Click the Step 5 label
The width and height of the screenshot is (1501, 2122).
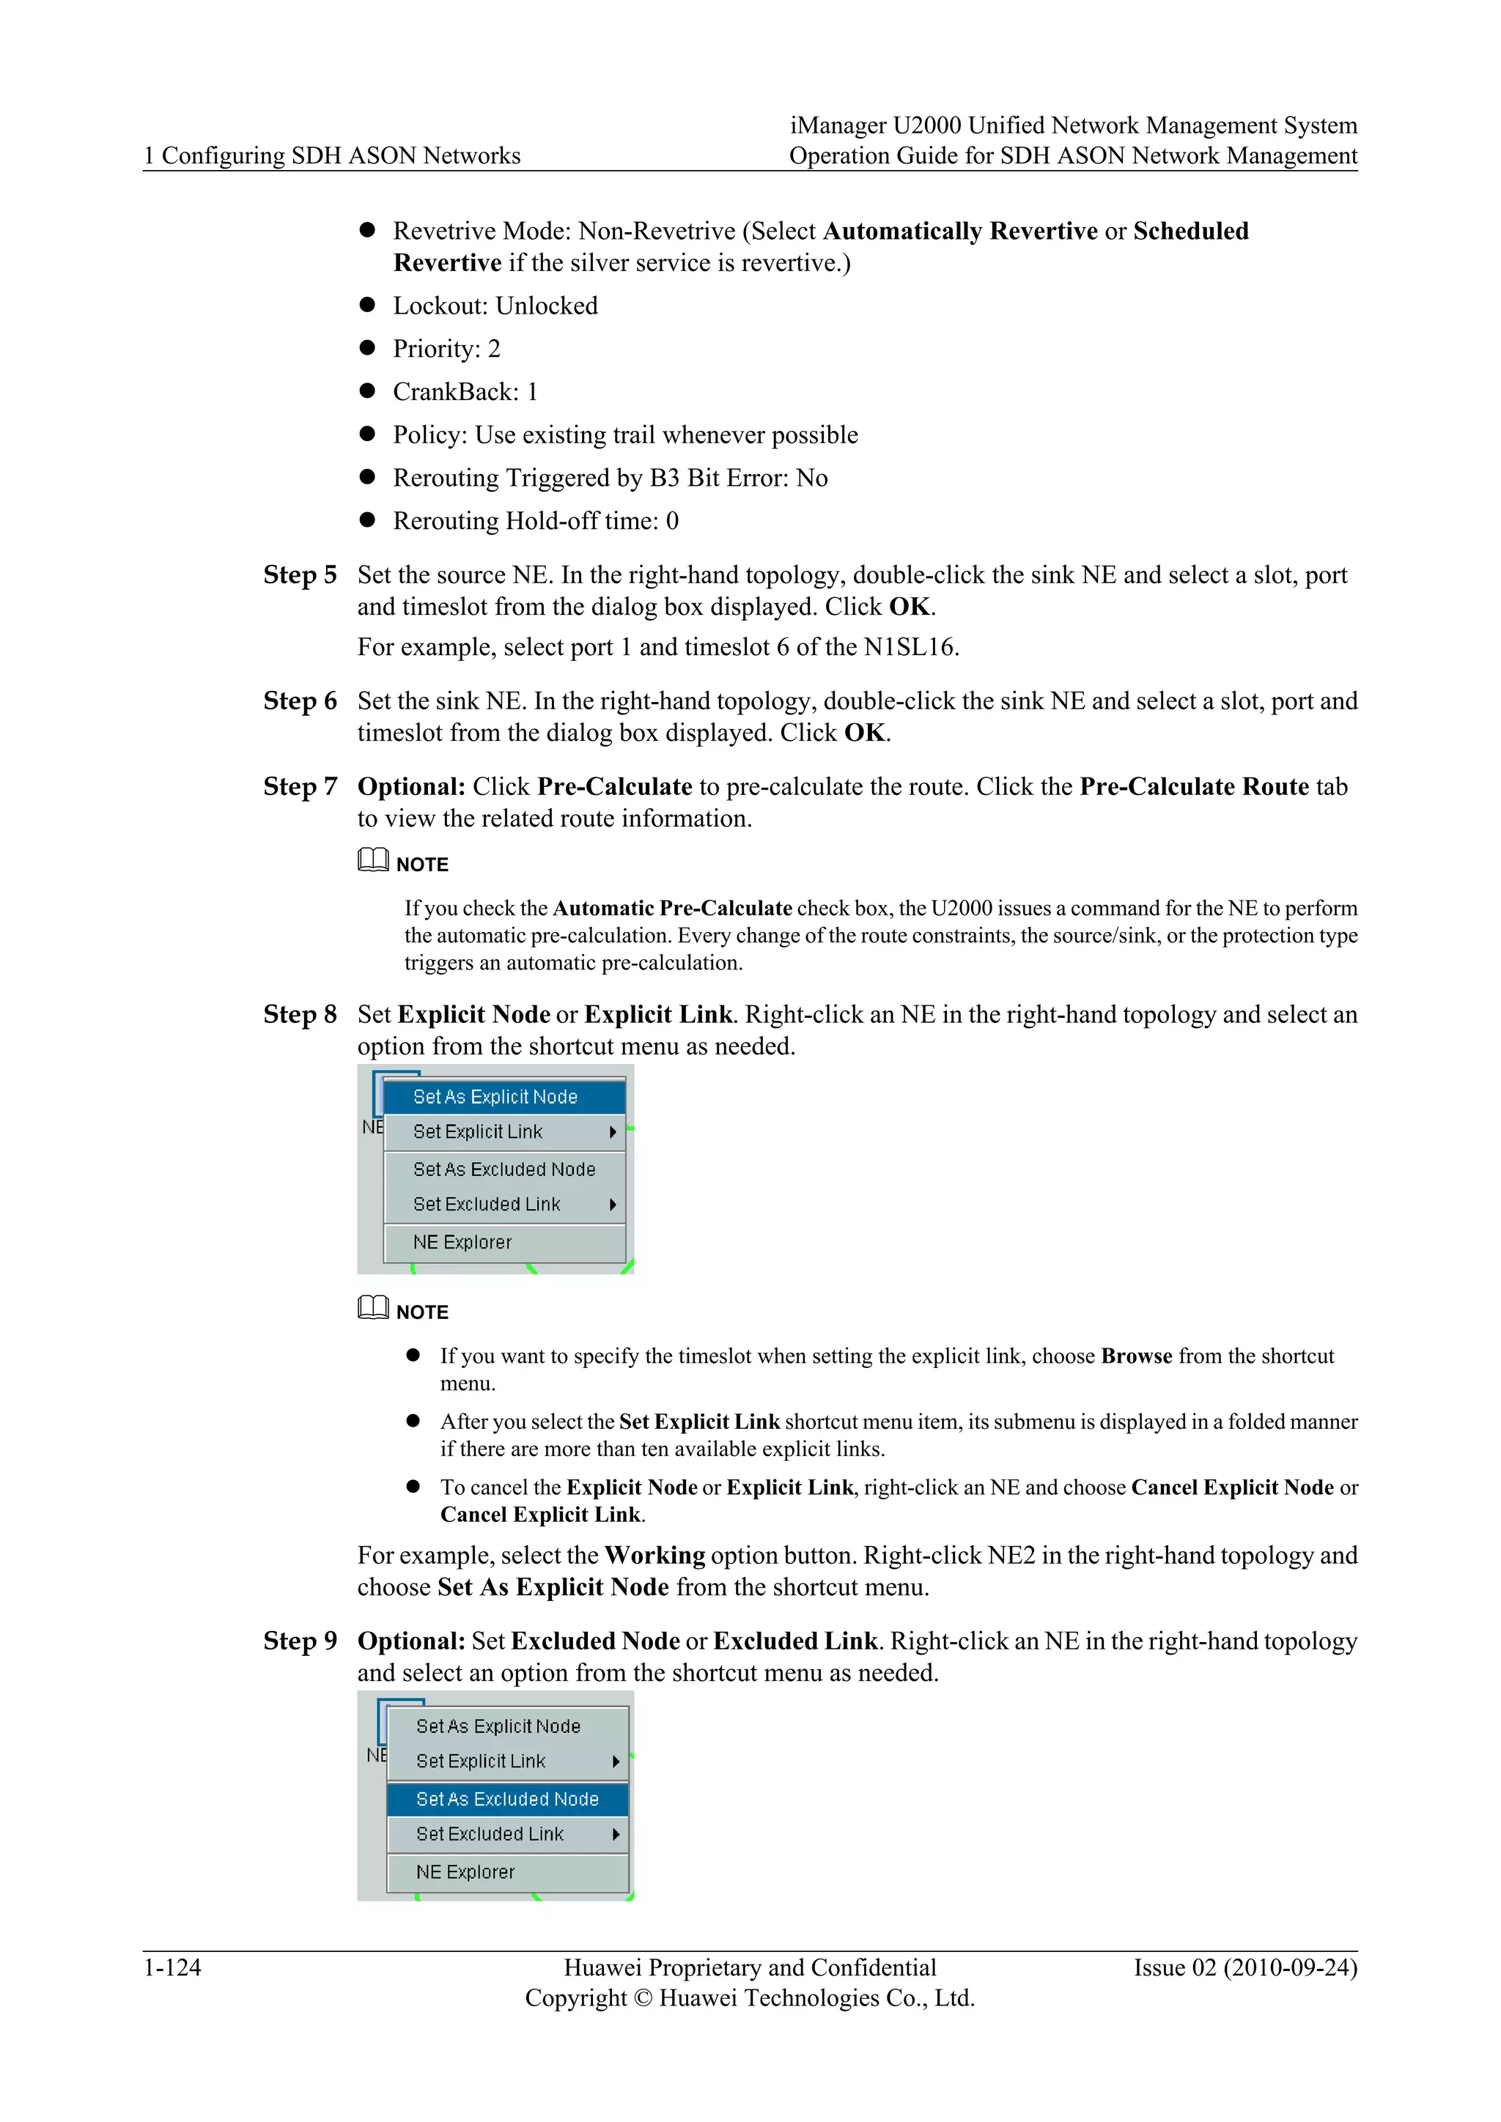(x=300, y=575)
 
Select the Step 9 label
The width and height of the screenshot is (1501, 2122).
(x=300, y=1641)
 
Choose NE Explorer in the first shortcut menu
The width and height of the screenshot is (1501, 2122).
(x=462, y=1242)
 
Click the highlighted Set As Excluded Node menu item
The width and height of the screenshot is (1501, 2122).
(x=507, y=1799)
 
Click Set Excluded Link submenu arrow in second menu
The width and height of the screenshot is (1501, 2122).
(x=616, y=1835)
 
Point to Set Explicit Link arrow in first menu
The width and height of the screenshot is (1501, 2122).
(x=613, y=1132)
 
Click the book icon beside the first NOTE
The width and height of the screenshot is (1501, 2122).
(x=372, y=859)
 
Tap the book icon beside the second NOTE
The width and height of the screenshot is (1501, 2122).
(x=372, y=1308)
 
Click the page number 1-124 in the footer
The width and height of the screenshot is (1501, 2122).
(x=172, y=1967)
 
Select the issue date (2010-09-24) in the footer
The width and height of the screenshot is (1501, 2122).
(x=1290, y=1967)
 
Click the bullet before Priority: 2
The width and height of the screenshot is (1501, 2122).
(x=367, y=349)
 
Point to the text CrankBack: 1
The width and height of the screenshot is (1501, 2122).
(x=465, y=392)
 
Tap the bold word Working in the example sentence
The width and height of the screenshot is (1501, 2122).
(x=654, y=1556)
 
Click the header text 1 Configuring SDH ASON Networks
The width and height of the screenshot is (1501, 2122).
(x=332, y=155)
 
